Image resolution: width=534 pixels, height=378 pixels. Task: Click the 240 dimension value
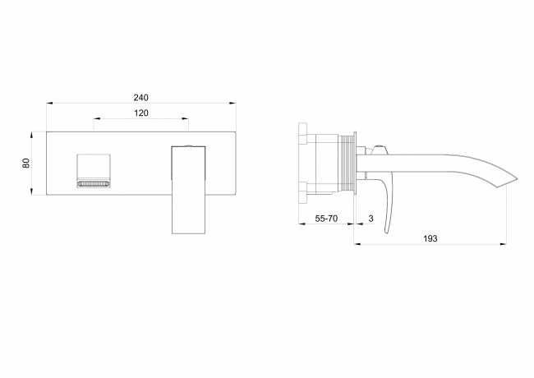click(140, 98)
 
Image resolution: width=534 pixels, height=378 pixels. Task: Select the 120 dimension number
click(140, 113)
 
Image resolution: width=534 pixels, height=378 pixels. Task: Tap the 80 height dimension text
click(26, 164)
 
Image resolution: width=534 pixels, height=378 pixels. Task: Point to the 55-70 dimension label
click(326, 219)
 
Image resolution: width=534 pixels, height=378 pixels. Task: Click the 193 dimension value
click(430, 238)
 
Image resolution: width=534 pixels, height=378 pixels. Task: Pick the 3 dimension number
click(371, 219)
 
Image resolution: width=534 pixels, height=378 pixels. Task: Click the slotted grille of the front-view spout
click(94, 184)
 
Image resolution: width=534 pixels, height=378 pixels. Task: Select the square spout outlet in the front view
click(94, 170)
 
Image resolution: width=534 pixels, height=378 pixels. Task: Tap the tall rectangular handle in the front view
click(188, 190)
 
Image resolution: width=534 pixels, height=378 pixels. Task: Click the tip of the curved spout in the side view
click(517, 178)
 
